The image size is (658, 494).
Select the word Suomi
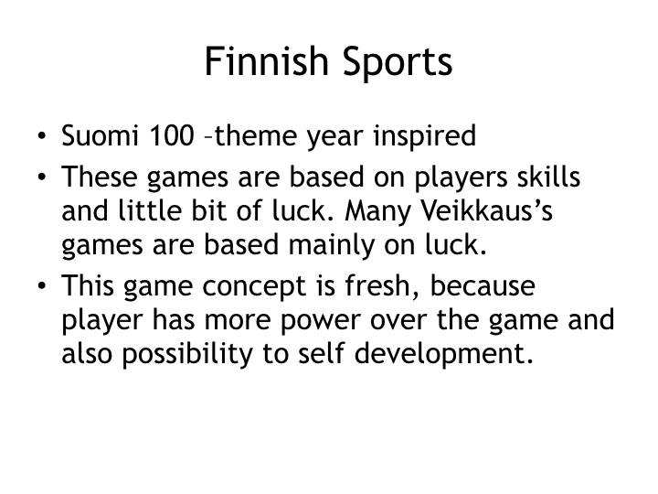(x=92, y=136)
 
